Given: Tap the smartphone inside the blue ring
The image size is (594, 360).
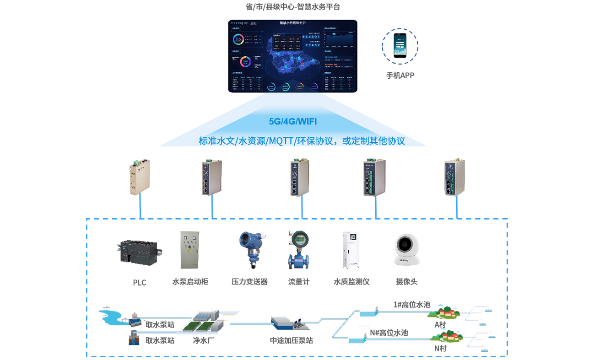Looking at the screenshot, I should click(400, 44).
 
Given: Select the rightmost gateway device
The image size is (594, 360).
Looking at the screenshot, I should click(450, 179).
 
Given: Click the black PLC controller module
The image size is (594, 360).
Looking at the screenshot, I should click(136, 250).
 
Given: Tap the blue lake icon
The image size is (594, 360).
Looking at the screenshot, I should click(110, 315).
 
